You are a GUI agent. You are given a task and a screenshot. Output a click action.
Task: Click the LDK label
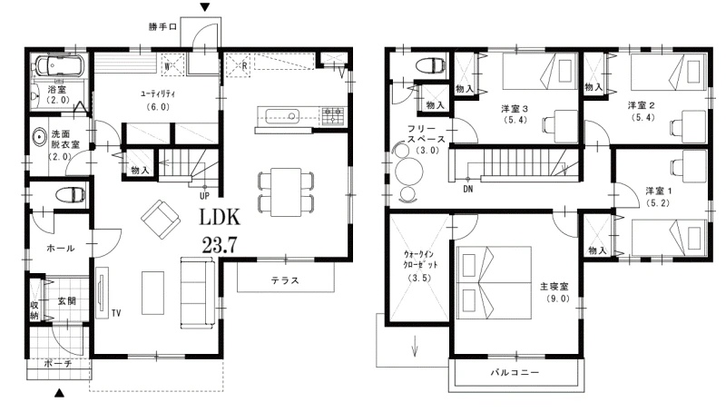pyautogui.click(x=220, y=217)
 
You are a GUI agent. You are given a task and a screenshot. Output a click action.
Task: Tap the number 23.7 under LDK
pyautogui.click(x=220, y=244)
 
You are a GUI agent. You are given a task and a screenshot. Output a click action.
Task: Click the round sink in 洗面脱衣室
pyautogui.click(x=40, y=137)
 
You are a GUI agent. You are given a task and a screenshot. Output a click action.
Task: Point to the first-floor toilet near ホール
pyautogui.click(x=70, y=194)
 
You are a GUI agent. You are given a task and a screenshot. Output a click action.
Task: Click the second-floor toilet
pyautogui.click(x=430, y=65)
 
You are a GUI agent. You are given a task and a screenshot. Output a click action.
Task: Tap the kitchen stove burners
pyautogui.click(x=333, y=116)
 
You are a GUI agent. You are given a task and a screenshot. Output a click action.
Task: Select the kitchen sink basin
pyautogui.click(x=282, y=115)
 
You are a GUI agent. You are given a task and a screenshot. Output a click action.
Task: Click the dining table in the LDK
pyautogui.click(x=286, y=192)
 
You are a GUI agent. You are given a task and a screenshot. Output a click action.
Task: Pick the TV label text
pyautogui.click(x=116, y=313)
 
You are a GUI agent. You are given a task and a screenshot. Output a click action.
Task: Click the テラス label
pyautogui.click(x=285, y=280)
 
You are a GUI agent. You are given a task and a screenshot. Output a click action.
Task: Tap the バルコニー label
pyautogui.click(x=515, y=372)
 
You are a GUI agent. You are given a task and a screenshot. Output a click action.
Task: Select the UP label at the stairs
pyautogui.click(x=204, y=196)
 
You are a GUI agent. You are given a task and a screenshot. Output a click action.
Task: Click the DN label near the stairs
pyautogui.click(x=468, y=190)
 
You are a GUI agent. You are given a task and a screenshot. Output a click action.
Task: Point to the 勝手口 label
pyautogui.click(x=162, y=27)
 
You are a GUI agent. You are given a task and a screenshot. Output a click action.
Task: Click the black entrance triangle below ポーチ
pyautogui.click(x=59, y=393)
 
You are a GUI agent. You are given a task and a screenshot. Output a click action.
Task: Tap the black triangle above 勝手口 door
pyautogui.click(x=205, y=7)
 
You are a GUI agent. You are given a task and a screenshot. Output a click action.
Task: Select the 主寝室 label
pyautogui.click(x=554, y=287)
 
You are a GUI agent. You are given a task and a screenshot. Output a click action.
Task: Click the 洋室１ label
pyautogui.click(x=658, y=191)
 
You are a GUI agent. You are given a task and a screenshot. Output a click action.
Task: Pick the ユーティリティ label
pyautogui.click(x=158, y=94)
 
